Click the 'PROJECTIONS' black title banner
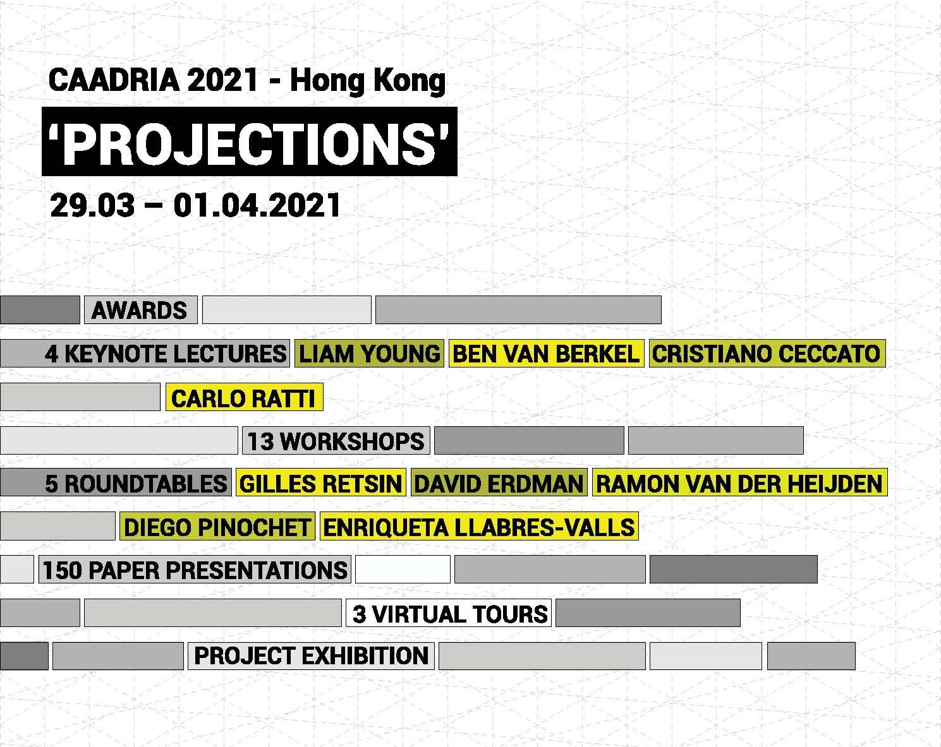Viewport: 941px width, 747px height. click(249, 141)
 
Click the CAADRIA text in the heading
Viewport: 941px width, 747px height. click(114, 80)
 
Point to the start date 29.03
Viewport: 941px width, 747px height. click(92, 205)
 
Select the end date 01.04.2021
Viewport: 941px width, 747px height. click(257, 205)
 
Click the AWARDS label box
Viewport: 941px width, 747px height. click(141, 309)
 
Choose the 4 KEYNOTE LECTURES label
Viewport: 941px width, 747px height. click(145, 353)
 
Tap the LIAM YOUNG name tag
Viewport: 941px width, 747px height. click(369, 353)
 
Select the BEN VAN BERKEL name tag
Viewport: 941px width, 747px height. click(546, 353)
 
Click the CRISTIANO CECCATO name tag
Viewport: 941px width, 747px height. click(767, 353)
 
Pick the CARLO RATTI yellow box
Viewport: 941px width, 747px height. click(244, 397)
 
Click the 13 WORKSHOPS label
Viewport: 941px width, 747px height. click(336, 440)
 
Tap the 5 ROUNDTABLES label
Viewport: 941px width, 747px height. click(116, 482)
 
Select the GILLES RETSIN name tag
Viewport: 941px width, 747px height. click(321, 482)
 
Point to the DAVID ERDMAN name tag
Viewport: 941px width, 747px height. click(499, 482)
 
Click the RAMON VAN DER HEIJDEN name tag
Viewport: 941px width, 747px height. click(740, 482)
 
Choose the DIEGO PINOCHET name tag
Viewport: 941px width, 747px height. click(217, 526)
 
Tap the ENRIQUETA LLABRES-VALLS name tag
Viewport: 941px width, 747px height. click(479, 526)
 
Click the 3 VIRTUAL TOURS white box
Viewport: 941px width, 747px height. click(449, 613)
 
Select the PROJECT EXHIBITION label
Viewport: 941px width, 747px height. click(311, 655)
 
